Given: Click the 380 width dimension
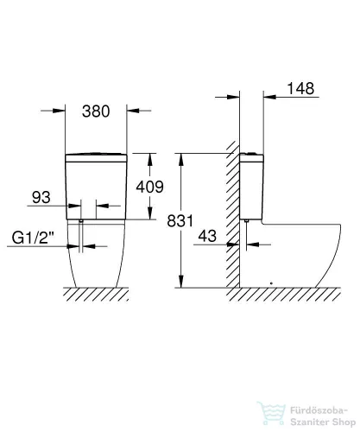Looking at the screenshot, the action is coord(96,111).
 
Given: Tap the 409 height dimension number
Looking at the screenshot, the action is coord(149,187).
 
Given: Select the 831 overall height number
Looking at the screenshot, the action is coord(180,221).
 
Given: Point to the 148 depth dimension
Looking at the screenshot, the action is coord(300,88).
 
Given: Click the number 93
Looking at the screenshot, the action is coord(41,197).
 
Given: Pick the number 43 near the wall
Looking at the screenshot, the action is coord(207,236).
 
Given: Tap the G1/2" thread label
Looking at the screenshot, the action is coord(33,238).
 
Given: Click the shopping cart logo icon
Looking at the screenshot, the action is coord(271,414).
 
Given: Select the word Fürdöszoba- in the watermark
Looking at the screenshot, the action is coord(319,410).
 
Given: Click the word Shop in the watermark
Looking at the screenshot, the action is coord(344,422).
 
